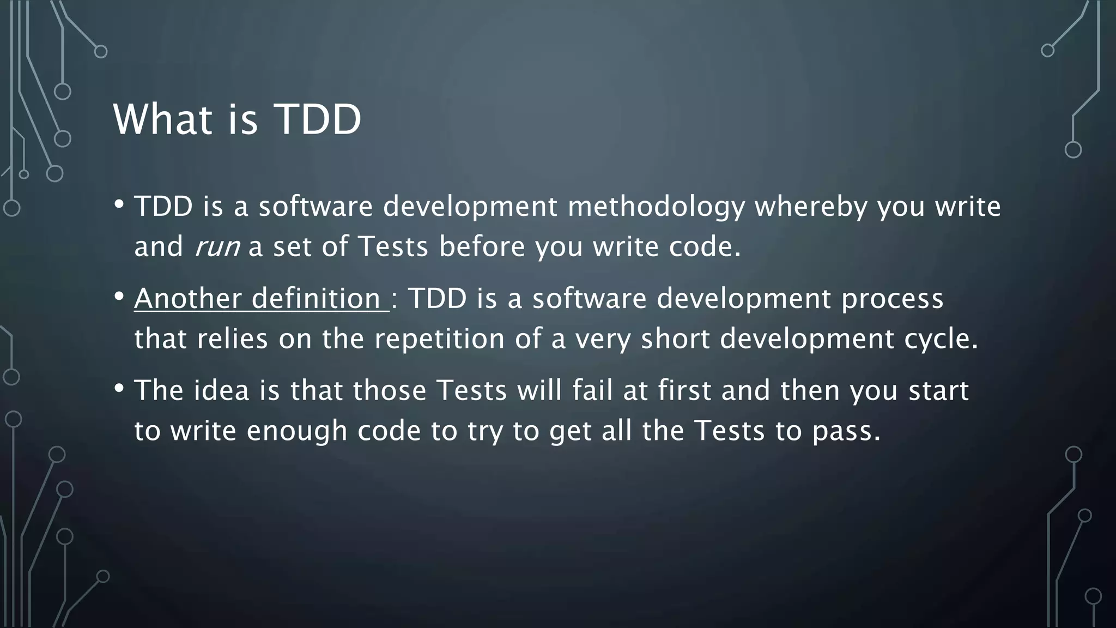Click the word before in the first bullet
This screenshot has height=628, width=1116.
pyautogui.click(x=482, y=246)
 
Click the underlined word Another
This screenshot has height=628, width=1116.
pyautogui.click(x=187, y=299)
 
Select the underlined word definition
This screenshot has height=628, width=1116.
pyautogui.click(x=316, y=299)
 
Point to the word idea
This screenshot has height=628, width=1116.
pyautogui.click(x=221, y=391)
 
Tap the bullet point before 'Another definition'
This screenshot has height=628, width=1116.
pyautogui.click(x=119, y=297)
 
